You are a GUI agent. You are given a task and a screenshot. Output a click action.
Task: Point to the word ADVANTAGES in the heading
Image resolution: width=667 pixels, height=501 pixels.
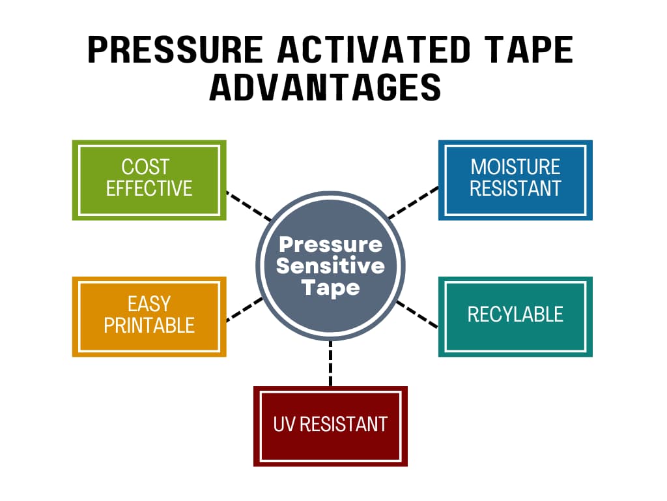coord(325,87)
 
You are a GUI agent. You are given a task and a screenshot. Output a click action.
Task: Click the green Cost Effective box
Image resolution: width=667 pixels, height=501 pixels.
coord(149,179)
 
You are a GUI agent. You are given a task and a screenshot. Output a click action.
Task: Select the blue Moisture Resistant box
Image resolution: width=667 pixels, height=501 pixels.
coord(515,179)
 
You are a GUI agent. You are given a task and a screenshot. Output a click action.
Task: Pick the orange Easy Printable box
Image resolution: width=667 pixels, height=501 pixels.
coord(149,316)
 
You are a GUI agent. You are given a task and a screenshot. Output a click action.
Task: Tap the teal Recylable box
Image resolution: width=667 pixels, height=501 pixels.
coord(515,316)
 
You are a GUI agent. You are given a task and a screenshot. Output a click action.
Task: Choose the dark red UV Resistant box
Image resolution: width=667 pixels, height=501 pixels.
coord(330,426)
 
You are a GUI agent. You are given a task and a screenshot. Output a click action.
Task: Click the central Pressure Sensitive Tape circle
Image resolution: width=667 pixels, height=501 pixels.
coord(330,266)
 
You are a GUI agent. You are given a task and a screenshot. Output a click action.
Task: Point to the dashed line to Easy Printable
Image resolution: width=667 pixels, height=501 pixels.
coord(244,309)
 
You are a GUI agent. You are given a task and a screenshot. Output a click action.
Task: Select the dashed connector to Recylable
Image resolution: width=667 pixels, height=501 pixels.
coord(416,313)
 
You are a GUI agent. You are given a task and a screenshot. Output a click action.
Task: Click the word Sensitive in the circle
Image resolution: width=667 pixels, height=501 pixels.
coord(330,266)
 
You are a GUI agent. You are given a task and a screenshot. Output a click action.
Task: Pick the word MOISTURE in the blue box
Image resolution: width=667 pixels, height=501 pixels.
coord(515,167)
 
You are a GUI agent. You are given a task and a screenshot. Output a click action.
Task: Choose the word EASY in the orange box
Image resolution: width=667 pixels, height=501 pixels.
coord(149,304)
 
